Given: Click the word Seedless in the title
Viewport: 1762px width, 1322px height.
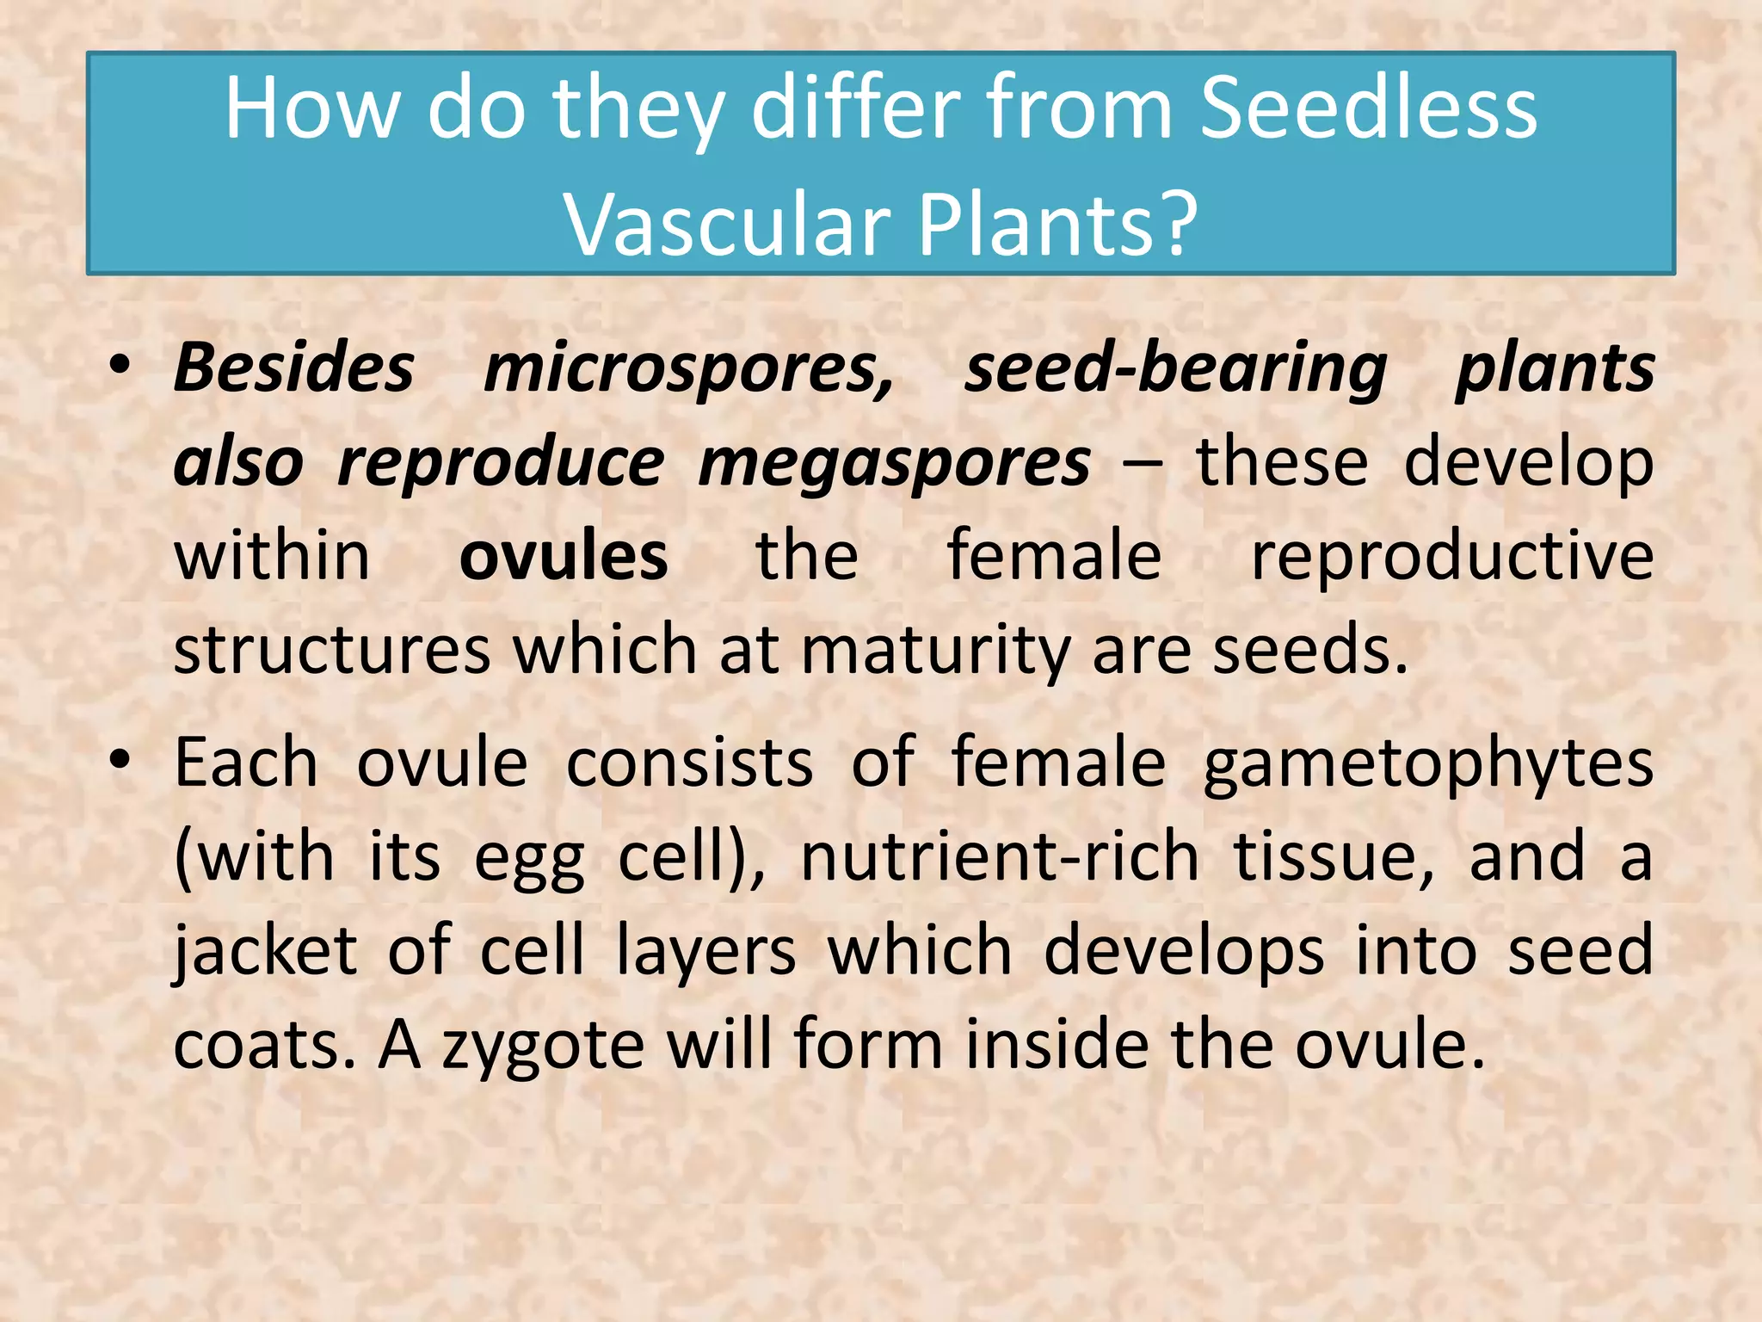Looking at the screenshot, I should point(1368,108).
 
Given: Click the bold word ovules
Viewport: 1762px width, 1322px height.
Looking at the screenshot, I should point(564,556).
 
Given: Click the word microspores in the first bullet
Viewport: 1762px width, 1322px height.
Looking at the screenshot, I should point(689,368).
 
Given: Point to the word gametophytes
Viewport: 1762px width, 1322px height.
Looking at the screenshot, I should point(1428,763).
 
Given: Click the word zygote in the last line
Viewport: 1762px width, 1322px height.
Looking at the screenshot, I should point(543,1045).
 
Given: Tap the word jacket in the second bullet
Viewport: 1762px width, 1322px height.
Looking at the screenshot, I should point(265,951).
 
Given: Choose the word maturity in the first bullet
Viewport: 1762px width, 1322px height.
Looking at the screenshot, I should point(936,650).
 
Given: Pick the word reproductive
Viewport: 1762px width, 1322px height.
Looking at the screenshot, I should point(1451,556).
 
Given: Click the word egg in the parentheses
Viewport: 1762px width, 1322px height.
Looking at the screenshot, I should point(529,859).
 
